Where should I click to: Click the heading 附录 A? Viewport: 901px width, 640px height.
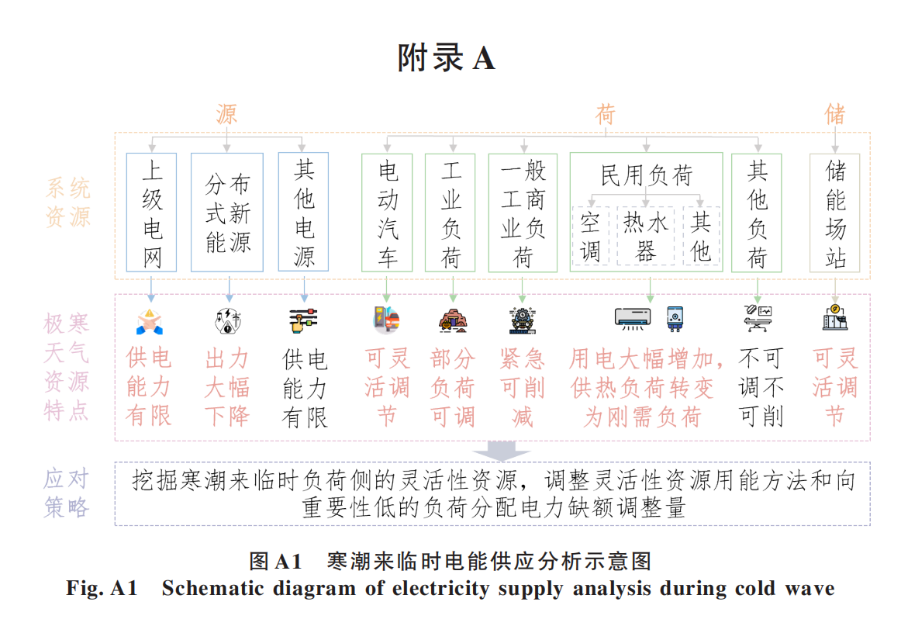point(446,58)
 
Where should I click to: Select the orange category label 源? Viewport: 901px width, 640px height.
point(226,115)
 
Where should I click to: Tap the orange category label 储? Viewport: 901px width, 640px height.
point(835,115)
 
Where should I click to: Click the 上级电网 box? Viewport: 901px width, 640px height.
point(152,213)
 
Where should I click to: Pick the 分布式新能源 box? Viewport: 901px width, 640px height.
point(228,213)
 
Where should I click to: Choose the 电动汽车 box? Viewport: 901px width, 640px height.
point(388,213)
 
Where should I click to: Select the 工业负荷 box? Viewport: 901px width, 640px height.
point(450,213)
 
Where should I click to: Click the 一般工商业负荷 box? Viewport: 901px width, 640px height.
point(523,213)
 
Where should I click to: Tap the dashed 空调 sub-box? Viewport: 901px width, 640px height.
point(591,237)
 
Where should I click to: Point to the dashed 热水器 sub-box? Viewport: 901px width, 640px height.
point(646,237)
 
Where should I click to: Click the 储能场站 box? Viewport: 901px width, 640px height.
point(835,213)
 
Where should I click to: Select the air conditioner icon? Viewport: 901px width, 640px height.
point(633,317)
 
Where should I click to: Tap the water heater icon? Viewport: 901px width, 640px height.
point(675,317)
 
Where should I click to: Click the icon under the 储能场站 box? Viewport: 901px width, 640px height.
point(835,317)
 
